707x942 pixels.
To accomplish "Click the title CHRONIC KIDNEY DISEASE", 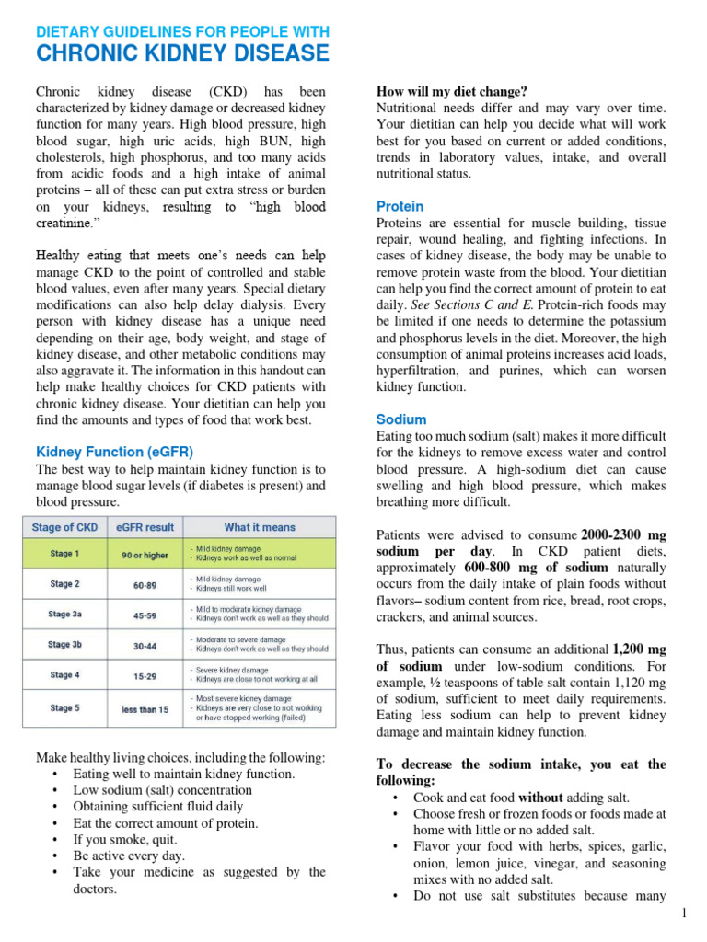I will pos(182,53).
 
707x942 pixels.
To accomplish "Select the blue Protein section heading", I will pos(400,206).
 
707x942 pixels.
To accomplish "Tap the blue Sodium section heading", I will pos(401,419).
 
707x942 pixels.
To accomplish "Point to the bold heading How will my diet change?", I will pos(452,91).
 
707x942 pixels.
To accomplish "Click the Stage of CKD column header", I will pos(64,527).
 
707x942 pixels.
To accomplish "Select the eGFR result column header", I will pos(144,527).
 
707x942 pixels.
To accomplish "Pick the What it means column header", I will pos(260,527).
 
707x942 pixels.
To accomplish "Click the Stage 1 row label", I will pos(64,554).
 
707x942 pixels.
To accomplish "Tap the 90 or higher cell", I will pos(144,554).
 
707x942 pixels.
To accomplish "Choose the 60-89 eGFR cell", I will pos(144,583).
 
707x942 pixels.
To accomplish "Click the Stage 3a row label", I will pos(64,614).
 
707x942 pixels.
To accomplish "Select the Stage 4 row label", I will pos(64,674).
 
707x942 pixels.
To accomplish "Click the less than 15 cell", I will pos(144,708).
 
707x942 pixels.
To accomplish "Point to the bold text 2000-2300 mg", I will pos(621,534).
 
